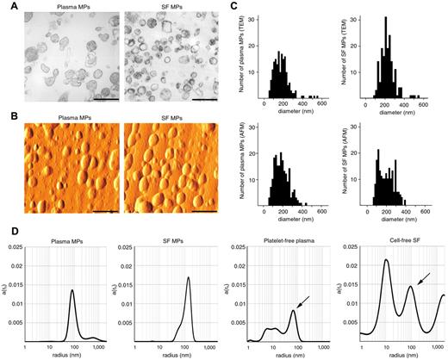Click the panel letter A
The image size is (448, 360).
[x=7, y=7]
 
